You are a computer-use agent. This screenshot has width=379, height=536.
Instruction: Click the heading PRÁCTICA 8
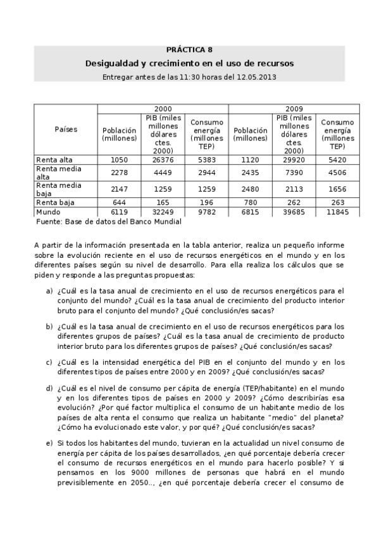pos(189,50)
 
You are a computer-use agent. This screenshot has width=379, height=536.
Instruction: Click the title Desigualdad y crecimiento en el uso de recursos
pos(189,64)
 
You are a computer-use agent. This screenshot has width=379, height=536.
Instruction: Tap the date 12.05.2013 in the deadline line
pos(256,76)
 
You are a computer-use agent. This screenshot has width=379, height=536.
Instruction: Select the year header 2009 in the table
pos(294,109)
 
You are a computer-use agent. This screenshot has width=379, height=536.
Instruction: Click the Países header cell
pos(66,129)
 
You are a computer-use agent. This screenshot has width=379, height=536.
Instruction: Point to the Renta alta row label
pos(54,160)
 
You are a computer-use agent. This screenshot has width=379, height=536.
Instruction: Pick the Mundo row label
pos(48,212)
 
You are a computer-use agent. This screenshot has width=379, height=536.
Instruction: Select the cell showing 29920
pos(294,160)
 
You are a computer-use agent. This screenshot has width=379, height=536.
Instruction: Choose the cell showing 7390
pos(294,173)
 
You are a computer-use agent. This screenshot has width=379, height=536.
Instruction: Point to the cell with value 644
pos(119,202)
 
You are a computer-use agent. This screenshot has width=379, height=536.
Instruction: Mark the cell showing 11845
pos(337,212)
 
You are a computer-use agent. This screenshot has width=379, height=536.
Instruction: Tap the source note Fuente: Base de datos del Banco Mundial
pos(109,222)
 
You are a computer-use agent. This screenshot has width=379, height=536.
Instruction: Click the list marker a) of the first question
pos(49,291)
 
